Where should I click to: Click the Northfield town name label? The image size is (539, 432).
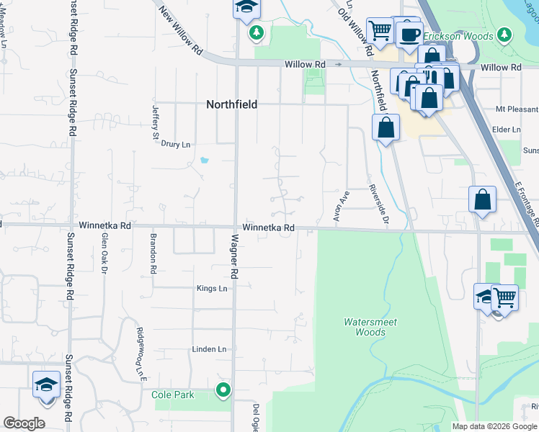pos(231,104)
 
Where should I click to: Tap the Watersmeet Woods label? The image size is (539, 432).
pos(370,327)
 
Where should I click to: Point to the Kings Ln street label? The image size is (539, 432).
pos(212,289)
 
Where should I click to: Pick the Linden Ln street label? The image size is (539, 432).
pos(208,349)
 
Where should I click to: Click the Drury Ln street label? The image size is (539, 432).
pos(175,144)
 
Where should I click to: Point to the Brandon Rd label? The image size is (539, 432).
pos(153,253)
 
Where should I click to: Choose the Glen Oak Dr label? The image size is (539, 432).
pos(104,253)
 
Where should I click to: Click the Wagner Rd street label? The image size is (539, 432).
pos(233,256)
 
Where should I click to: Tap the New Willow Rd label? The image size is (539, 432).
pos(180,31)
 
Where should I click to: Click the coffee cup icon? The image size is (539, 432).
pos(409,33)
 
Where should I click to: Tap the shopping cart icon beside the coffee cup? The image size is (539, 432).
pos(379,30)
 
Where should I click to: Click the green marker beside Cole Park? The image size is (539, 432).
pos(223,391)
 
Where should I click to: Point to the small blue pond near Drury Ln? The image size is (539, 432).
pos(204,160)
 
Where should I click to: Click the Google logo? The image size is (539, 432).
pos(24,423)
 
